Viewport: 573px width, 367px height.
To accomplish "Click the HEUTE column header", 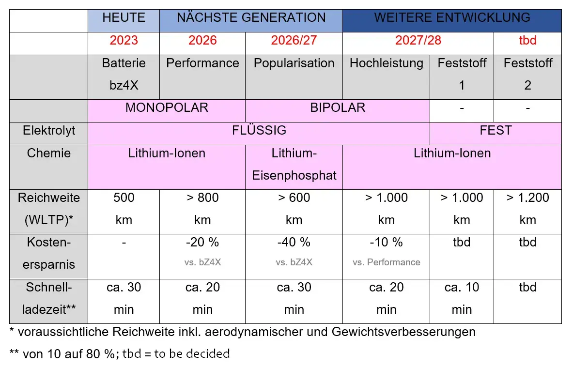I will click(x=124, y=18).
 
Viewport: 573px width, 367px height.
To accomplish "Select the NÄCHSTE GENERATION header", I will click(x=251, y=18).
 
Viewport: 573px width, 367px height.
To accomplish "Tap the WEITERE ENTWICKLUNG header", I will click(x=452, y=18).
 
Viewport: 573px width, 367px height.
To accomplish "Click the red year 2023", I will click(x=124, y=40).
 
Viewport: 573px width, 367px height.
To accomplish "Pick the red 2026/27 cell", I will click(x=294, y=40).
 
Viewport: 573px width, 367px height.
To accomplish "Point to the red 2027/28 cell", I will click(x=418, y=40).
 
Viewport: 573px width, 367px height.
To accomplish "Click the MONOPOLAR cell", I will click(x=167, y=107).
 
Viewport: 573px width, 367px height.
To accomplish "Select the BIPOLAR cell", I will click(x=338, y=107).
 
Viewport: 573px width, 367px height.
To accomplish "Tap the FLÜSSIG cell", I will click(x=259, y=130).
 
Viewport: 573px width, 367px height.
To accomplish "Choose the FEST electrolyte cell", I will click(x=496, y=130).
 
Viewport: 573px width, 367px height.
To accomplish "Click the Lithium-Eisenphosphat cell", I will click(x=294, y=165).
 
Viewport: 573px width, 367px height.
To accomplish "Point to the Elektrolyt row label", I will click(x=49, y=130).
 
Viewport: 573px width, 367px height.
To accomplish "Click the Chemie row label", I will click(x=49, y=153).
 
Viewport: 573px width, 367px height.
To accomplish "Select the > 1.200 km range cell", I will click(x=527, y=209).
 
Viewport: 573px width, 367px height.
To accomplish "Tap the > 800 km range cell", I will click(x=202, y=209).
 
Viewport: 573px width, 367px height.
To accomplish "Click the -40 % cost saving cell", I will click(x=294, y=242).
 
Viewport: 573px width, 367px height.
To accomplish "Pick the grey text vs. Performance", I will click(x=386, y=262).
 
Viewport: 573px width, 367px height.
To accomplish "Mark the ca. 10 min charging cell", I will click(x=462, y=298).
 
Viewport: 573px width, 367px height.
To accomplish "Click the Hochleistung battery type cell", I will click(x=386, y=63).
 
